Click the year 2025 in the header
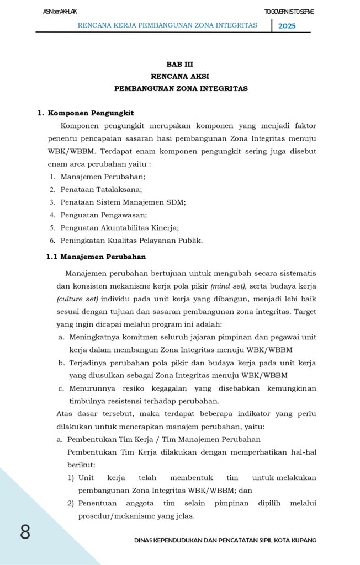pos(287,26)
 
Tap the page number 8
pos(25,532)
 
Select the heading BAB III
pos(179,64)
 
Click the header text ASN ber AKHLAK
pos(60,12)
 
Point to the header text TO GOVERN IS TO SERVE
pos(289,12)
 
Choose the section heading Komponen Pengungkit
pos(91,113)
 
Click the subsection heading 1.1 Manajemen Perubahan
pos(96,257)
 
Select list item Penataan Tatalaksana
pos(101,189)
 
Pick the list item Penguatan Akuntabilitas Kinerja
pos(119,227)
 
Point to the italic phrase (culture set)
pos(77,299)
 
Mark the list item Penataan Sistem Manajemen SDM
pos(123,202)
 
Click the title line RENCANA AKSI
pos(179,76)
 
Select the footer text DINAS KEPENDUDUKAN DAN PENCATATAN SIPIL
pos(225,540)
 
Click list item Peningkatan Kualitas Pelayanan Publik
pos(131,240)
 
